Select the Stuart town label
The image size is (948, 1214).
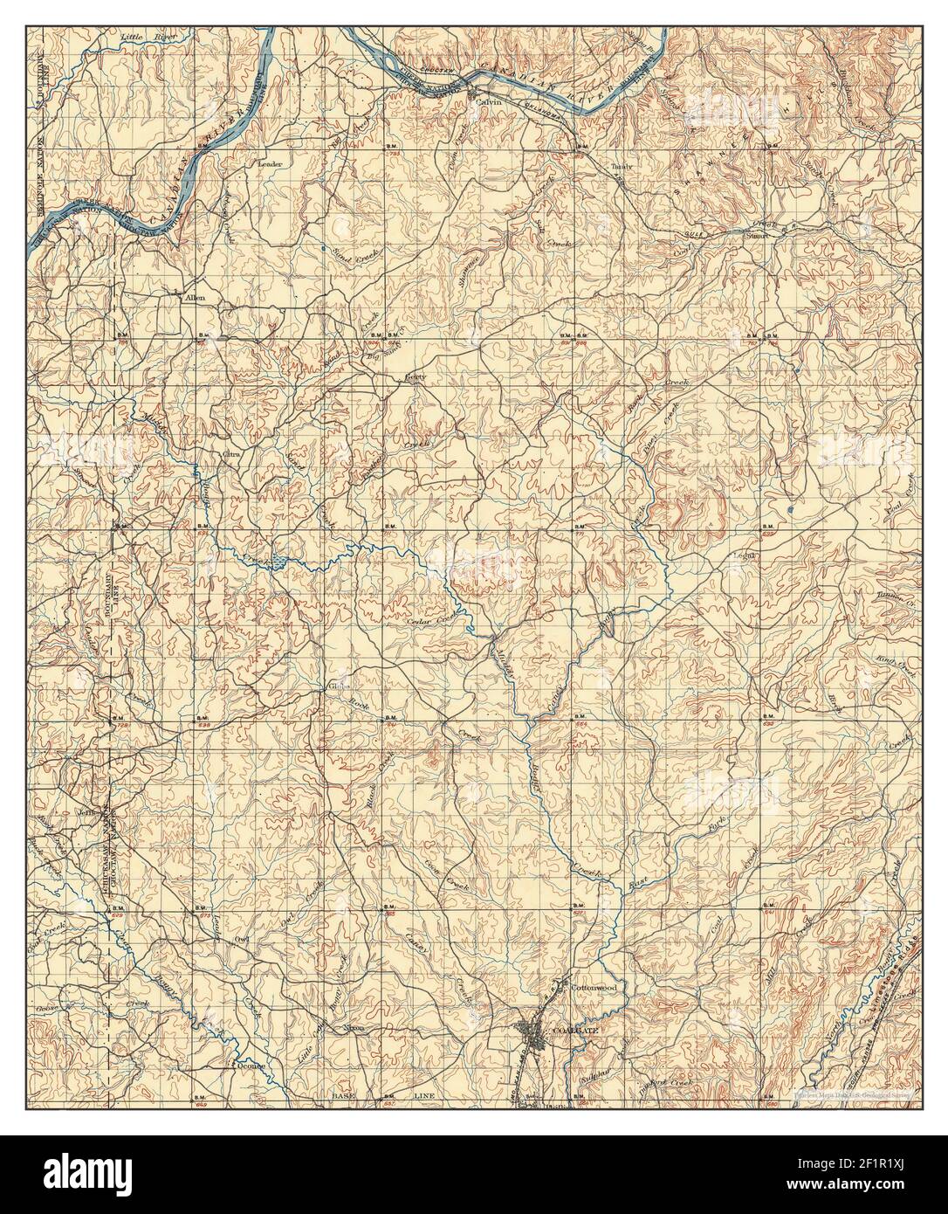(755, 235)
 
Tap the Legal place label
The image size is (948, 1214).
(747, 554)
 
